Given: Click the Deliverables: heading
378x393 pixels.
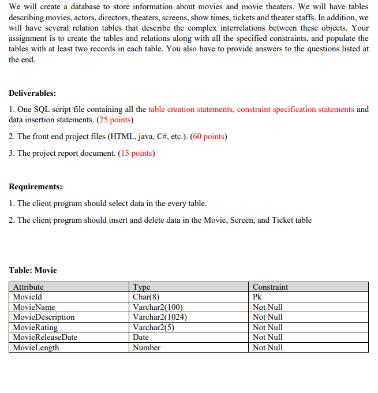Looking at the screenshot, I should pos(32,93).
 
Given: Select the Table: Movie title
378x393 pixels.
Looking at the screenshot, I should pos(33,270).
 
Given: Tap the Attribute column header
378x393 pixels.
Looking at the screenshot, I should pos(28,287).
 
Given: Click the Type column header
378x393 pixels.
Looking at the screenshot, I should pos(141,287).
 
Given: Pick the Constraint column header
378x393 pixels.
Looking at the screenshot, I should pos(270,287).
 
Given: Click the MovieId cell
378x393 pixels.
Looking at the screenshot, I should pos(27,297).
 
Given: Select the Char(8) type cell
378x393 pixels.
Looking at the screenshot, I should pos(147,297).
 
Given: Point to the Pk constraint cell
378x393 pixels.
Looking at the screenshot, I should pos(257,297).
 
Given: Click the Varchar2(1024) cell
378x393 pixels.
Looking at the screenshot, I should pos(160,317).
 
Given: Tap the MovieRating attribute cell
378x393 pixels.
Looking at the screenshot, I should pos(35,327).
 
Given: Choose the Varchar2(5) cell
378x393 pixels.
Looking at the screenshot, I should pos(154,327).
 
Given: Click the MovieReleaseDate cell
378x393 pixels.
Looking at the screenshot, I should pos(45,337).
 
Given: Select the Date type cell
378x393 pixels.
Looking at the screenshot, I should pos(141,337).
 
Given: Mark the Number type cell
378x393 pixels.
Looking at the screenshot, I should pos(147,347).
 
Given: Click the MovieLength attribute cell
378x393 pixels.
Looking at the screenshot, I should pos(36,347).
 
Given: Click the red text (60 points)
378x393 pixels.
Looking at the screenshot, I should pos(208,137).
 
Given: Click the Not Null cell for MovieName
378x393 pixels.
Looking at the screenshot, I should pos(268,307).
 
